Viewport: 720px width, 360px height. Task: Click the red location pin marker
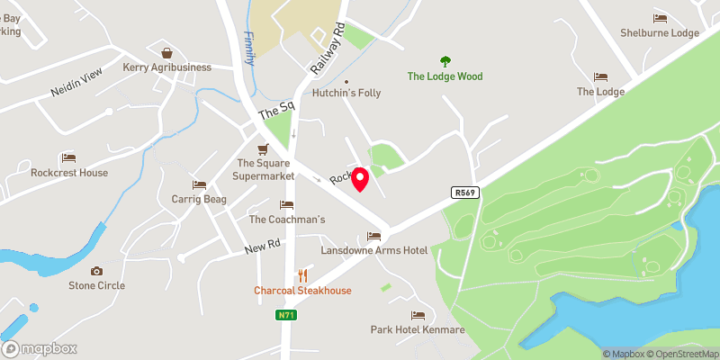[360, 177]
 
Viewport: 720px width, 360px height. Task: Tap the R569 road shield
[463, 192]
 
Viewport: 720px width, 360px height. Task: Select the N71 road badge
[287, 315]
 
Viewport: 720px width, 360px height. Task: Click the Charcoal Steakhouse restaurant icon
[301, 275]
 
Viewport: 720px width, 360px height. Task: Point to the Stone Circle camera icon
[96, 271]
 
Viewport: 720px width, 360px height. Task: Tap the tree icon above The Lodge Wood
[445, 61]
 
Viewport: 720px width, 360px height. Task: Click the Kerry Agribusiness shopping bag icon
[166, 53]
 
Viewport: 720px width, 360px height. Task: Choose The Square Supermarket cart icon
[263, 148]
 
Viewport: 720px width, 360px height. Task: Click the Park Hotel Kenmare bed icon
[418, 315]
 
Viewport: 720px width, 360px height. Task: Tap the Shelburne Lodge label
[660, 33]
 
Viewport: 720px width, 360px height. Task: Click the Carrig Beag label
[198, 198]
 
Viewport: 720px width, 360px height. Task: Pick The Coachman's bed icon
[286, 205]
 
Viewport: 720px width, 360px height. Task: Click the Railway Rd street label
[327, 50]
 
